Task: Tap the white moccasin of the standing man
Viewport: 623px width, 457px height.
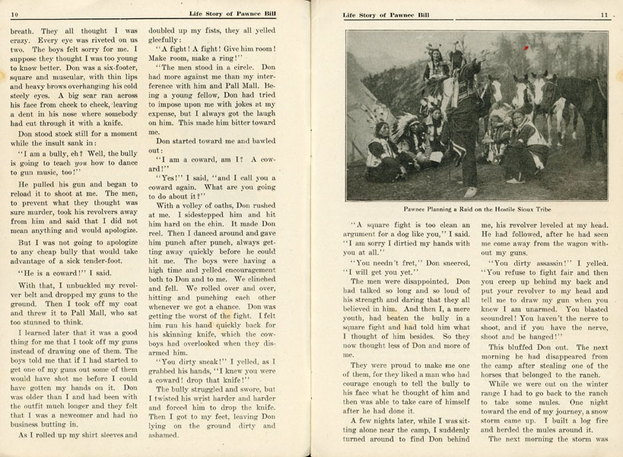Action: pos(471,192)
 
